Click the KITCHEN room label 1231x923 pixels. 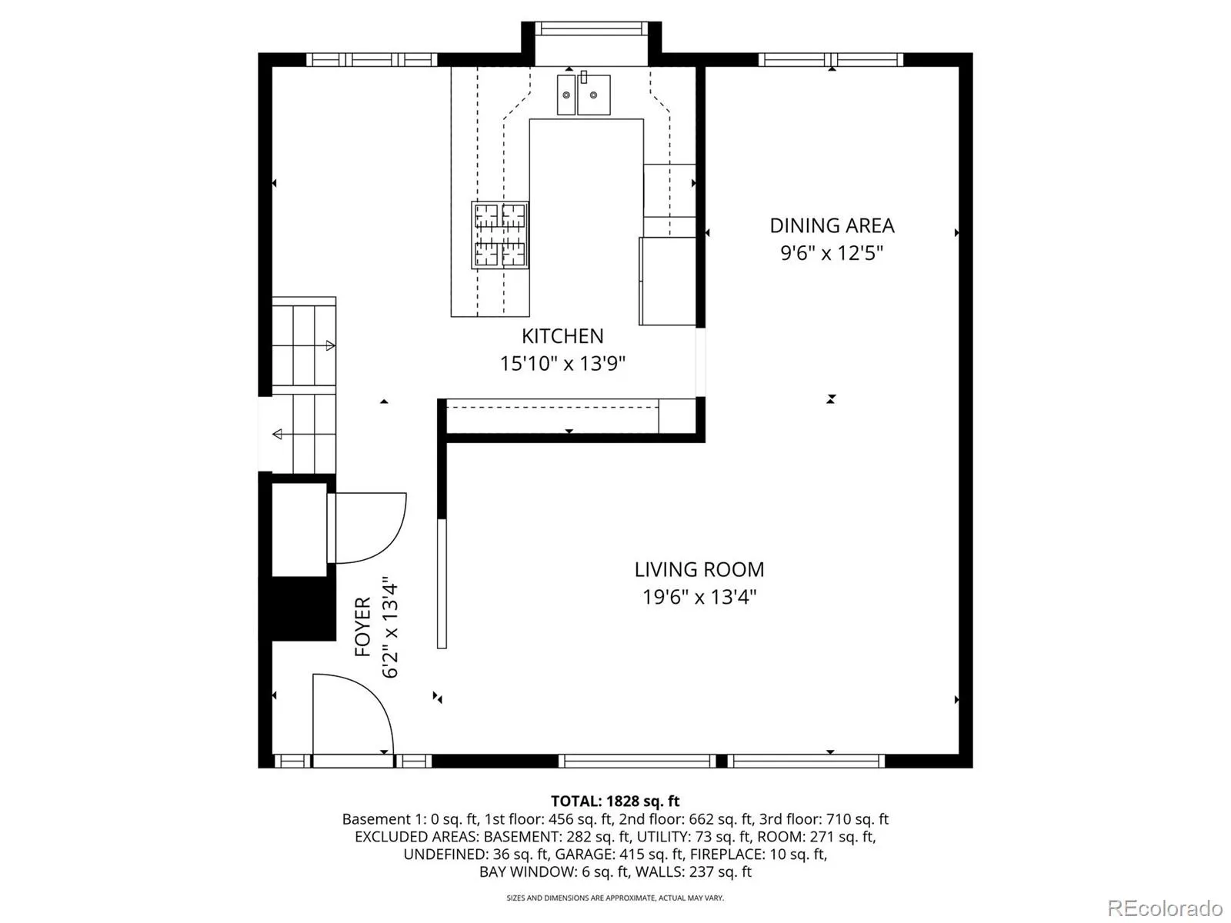pyautogui.click(x=562, y=336)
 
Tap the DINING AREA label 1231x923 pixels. pyautogui.click(x=832, y=226)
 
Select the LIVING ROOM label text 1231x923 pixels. pyautogui.click(x=699, y=569)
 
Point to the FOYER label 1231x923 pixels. pyautogui.click(x=363, y=627)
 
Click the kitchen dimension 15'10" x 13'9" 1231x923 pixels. pyautogui.click(x=562, y=364)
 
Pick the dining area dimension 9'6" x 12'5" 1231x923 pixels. pyautogui.click(x=832, y=253)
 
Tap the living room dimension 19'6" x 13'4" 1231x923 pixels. pyautogui.click(x=699, y=597)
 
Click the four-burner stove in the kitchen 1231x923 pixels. pyautogui.click(x=499, y=235)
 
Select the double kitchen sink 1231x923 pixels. pyautogui.click(x=583, y=94)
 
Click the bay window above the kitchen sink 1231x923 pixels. pyautogui.click(x=591, y=28)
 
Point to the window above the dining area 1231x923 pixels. pyautogui.click(x=831, y=59)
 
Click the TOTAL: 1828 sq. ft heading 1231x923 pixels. pyautogui.click(x=615, y=801)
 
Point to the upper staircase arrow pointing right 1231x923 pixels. pyautogui.click(x=330, y=345)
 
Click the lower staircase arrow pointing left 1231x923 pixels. pyautogui.click(x=277, y=434)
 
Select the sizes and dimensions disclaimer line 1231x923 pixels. pyautogui.click(x=615, y=898)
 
